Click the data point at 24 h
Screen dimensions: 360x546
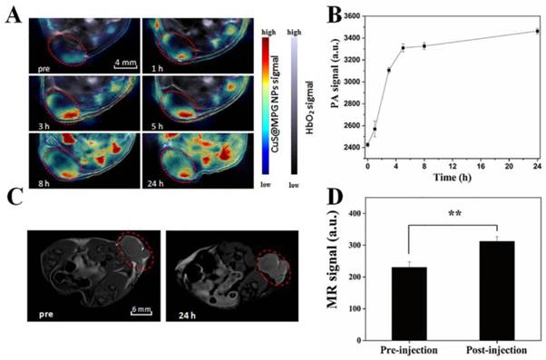[x=537, y=31]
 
